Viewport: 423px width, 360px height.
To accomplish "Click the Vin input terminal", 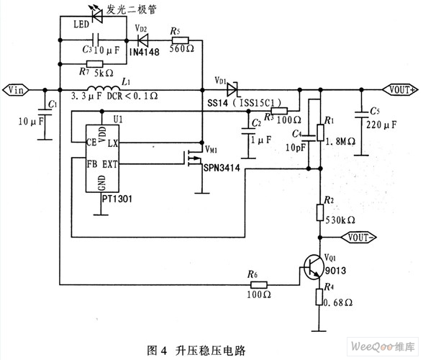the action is tap(16, 90).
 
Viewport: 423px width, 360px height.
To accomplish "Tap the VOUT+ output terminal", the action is tap(400, 90).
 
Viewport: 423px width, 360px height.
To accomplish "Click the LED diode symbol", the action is tap(96, 16).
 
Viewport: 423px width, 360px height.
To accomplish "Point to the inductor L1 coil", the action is tap(104, 89).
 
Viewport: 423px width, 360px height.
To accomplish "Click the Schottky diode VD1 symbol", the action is tap(232, 90).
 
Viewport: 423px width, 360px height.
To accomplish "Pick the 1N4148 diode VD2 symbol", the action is tap(142, 40).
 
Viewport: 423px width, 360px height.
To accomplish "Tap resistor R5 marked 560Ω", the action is tap(180, 40).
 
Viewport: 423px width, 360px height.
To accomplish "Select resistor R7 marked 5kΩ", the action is tap(95, 64).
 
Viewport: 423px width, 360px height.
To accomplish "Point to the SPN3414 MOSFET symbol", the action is tap(193, 158).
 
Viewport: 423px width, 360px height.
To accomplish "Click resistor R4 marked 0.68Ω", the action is tap(319, 297).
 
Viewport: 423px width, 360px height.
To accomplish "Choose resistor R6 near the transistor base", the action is tap(259, 284).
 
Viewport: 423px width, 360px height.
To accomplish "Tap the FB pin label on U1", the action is tap(92, 164).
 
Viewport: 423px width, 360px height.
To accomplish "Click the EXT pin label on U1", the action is tap(110, 164).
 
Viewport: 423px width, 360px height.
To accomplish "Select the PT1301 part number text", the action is tap(117, 199).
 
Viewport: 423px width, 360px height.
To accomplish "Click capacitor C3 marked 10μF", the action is tap(95, 40).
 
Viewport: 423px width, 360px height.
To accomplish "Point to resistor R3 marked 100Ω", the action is tap(279, 111).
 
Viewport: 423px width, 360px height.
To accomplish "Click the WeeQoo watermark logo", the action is tap(383, 346).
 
